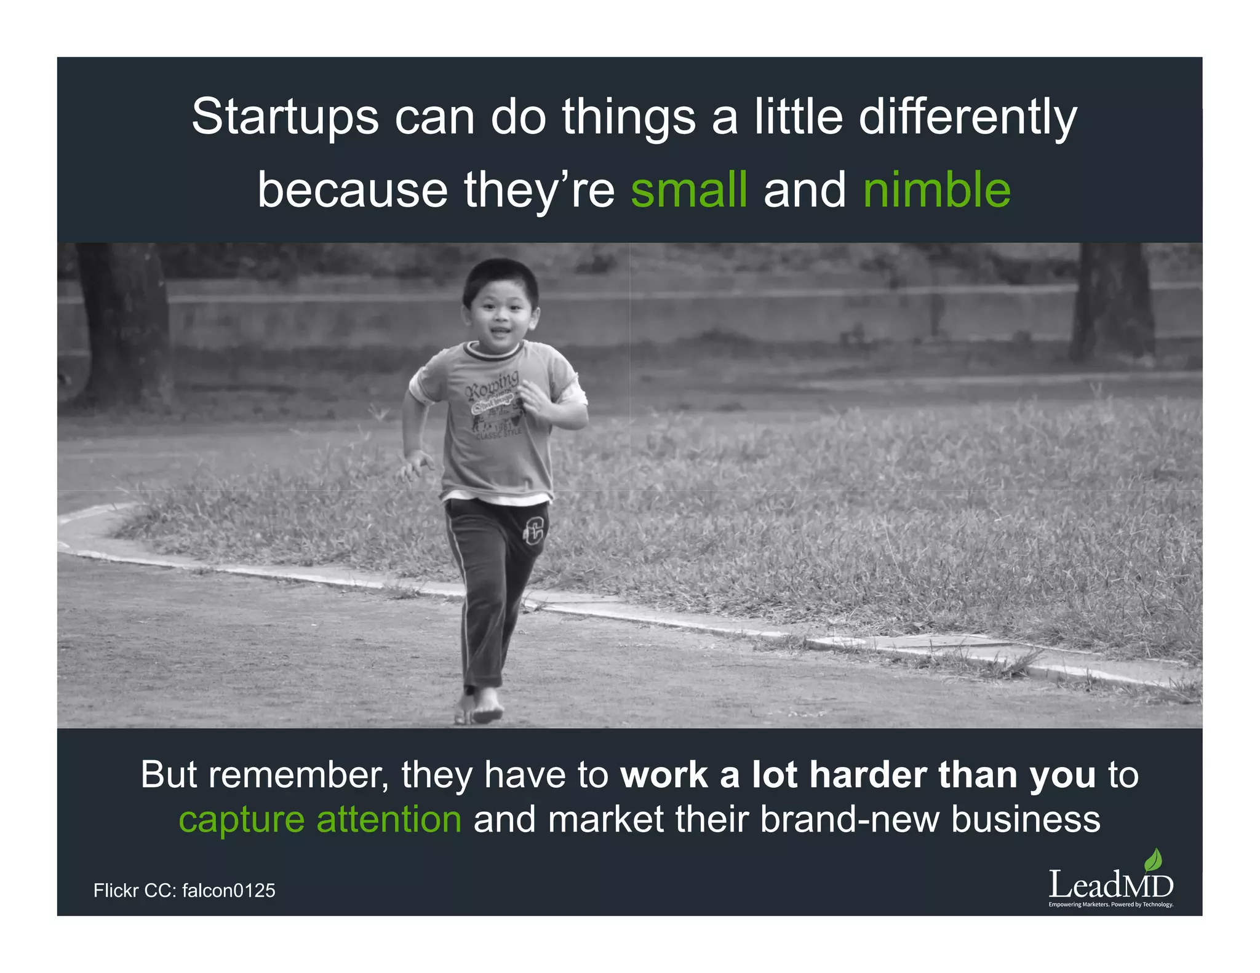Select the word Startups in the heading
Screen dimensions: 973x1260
[x=285, y=117]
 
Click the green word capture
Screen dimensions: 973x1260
[x=241, y=820]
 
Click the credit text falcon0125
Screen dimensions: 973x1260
[x=229, y=891]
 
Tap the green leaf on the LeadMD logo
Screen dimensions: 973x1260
[x=1154, y=859]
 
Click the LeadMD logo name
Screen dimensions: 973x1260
[x=1110, y=886]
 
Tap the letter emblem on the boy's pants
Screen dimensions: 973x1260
[x=534, y=530]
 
